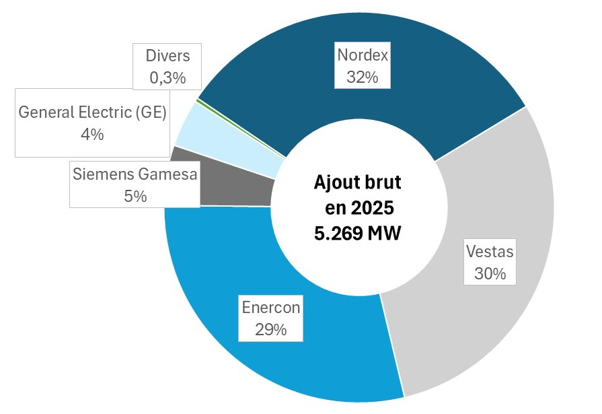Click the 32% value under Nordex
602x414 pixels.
coord(363,77)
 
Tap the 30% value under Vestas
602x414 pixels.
coord(490,275)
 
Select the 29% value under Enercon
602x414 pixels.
coord(271,330)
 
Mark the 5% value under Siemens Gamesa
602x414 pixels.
coord(135,196)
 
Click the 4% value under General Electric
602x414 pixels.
coord(92,134)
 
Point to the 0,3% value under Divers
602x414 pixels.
coord(167,78)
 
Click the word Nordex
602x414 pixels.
coord(363,55)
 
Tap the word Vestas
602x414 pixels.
coord(490,252)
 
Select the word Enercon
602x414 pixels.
coord(271,308)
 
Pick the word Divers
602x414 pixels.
coord(167,55)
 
